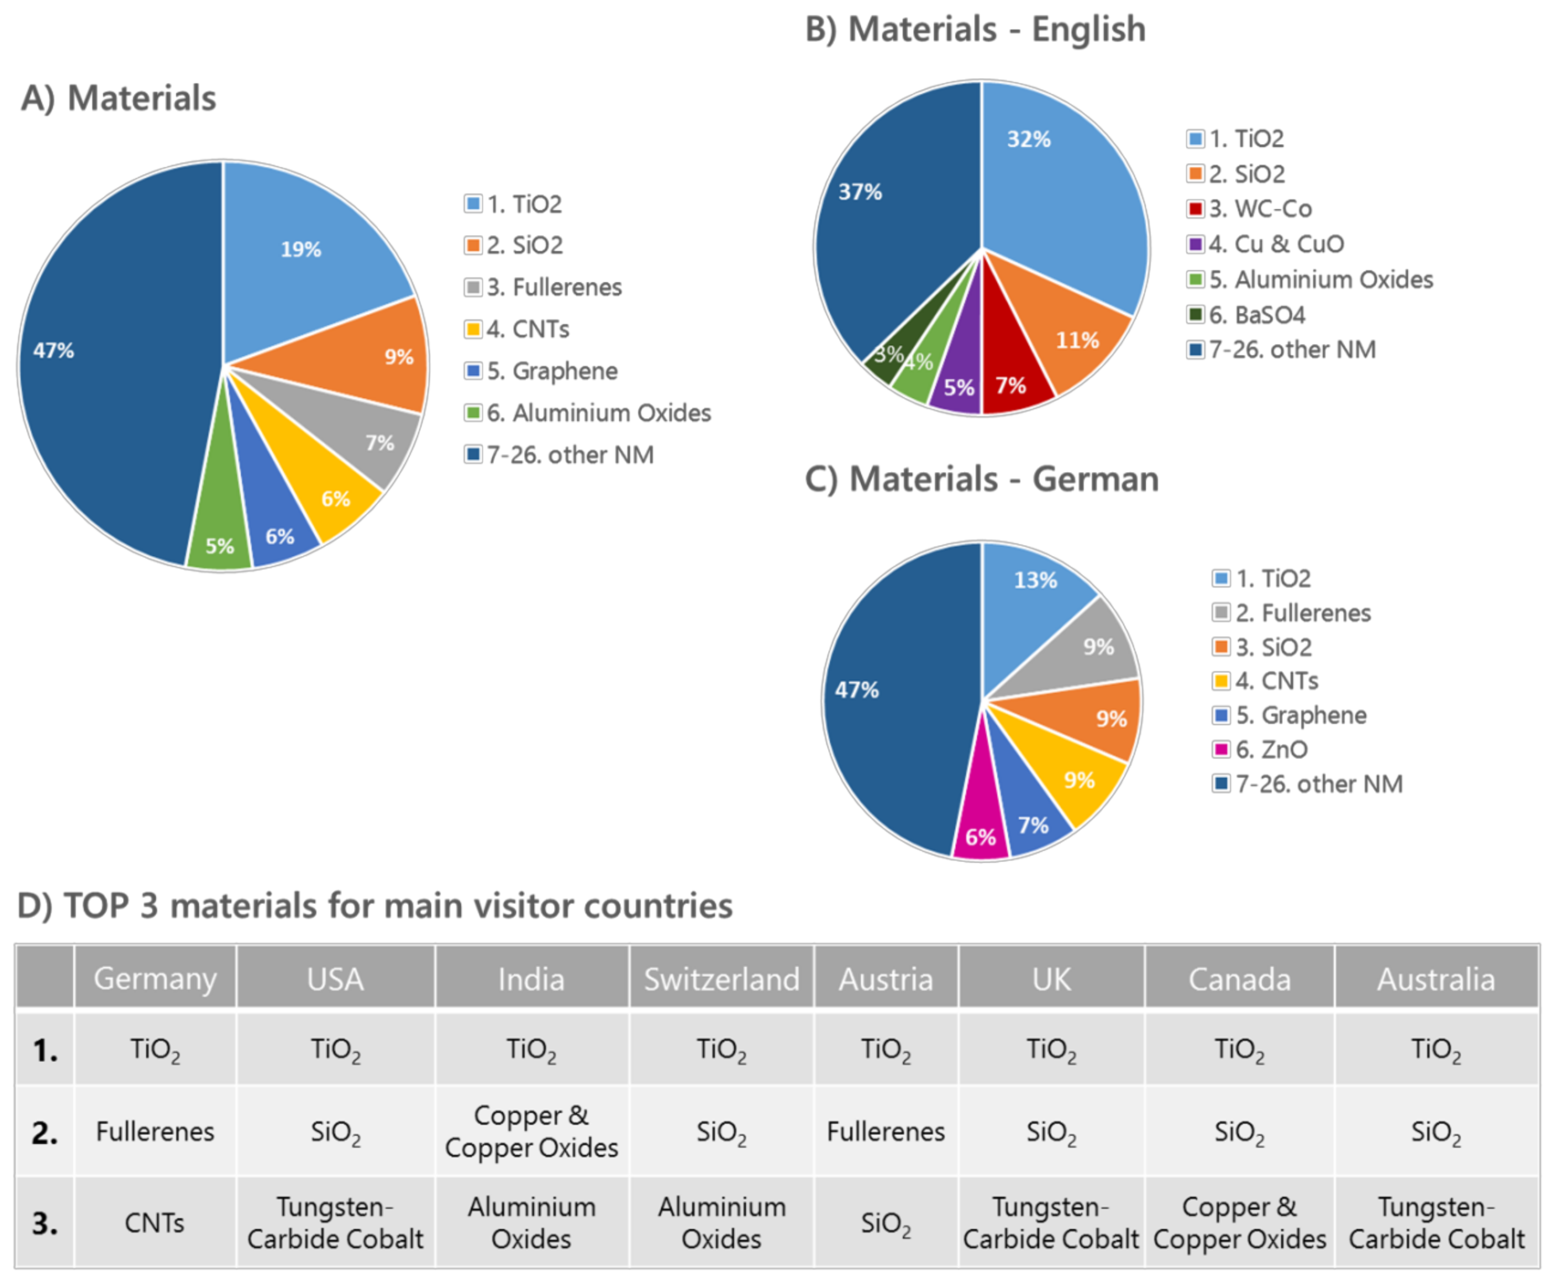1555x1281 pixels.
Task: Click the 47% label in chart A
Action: (53, 350)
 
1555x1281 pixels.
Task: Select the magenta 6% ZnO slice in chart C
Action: (980, 826)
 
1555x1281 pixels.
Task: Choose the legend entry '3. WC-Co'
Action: (1259, 209)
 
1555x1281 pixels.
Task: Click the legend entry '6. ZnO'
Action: (1271, 750)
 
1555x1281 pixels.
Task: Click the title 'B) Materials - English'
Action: (975, 30)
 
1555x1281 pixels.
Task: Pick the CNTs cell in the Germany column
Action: (154, 1223)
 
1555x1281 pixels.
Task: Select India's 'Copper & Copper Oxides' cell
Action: (531, 1131)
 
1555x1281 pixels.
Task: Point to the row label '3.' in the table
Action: (44, 1223)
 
